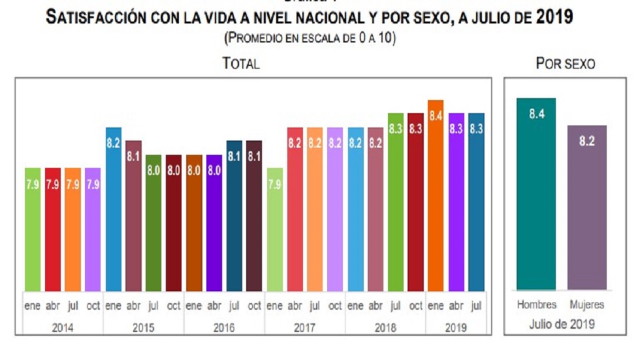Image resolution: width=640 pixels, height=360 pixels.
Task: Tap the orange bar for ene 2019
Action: (436, 195)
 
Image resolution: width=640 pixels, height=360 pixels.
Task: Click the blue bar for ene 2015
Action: (114, 209)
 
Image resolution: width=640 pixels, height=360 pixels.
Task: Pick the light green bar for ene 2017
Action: (275, 229)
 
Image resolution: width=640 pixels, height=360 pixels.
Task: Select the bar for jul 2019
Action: (476, 202)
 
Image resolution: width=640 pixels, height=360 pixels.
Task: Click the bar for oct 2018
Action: (415, 202)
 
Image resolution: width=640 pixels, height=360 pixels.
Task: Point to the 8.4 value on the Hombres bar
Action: (536, 114)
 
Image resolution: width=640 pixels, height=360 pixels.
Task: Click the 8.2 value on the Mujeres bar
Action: (586, 141)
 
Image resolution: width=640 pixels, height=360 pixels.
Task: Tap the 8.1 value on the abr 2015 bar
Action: (133, 156)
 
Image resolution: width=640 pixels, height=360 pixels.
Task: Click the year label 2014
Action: (63, 328)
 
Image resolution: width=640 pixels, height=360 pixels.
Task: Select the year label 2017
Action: (305, 328)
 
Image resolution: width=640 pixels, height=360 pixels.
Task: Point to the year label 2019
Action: (456, 328)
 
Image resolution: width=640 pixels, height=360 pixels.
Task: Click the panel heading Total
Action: (241, 63)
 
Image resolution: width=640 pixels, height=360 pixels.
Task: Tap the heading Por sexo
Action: (565, 63)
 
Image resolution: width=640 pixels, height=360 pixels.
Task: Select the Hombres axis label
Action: (536, 305)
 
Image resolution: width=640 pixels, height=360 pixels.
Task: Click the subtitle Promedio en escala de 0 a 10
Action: (310, 38)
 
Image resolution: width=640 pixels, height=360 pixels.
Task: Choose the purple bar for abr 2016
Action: (214, 223)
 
